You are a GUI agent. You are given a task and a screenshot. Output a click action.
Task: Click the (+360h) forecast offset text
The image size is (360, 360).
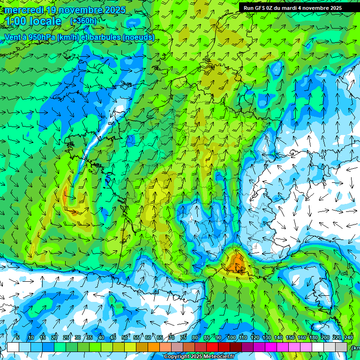83,21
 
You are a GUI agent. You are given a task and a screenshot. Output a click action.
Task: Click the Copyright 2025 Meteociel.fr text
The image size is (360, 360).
199,357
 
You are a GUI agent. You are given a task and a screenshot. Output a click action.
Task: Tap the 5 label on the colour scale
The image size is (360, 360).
17,338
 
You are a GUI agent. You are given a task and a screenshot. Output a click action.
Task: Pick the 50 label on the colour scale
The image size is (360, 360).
125,338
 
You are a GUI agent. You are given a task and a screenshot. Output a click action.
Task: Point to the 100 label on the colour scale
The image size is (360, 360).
231,338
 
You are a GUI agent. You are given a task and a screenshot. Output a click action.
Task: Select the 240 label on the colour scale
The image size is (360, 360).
349,338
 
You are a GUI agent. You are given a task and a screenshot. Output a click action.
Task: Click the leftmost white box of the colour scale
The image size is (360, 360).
13,347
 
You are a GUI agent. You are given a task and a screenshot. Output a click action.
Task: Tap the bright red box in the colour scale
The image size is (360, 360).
212,347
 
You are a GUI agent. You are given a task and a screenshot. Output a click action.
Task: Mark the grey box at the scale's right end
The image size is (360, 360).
342,347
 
